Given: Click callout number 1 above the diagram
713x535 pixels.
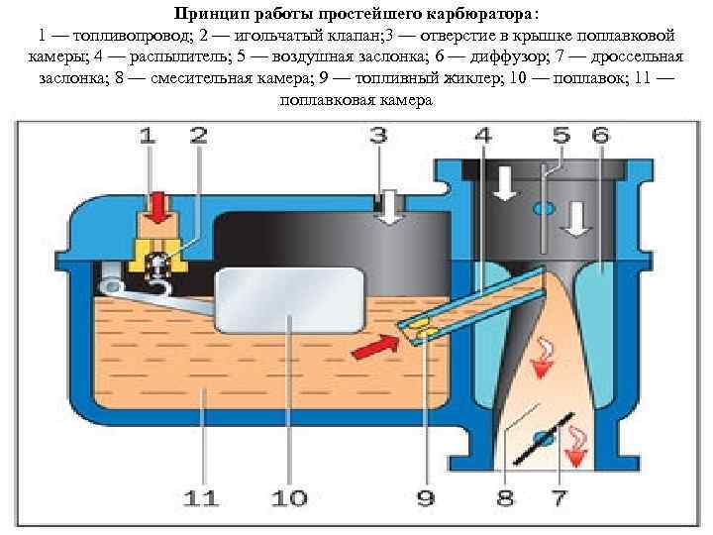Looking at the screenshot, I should click(148, 136).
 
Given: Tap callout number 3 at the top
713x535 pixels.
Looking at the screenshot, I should click(378, 136).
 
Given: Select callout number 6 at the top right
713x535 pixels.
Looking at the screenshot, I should click(601, 136).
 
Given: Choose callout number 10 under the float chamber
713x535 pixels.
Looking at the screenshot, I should click(289, 498).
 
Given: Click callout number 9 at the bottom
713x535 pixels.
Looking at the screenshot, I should click(425, 498).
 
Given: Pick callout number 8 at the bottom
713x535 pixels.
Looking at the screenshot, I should click(505, 498).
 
